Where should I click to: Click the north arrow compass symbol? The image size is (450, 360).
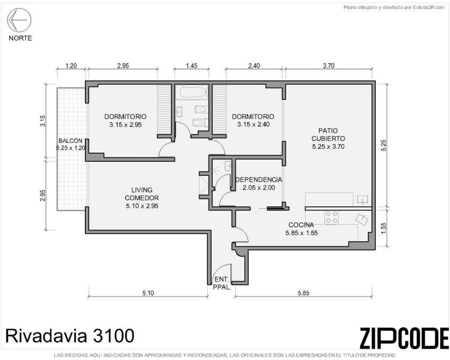coord(19,20)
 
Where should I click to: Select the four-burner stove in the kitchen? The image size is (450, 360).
coord(331,218)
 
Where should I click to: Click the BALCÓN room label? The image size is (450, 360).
coord(70,141)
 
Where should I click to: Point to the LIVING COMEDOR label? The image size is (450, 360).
coord(142,194)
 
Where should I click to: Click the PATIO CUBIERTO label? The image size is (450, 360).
coord(328,135)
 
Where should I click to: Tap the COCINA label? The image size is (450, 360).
coord(301,225)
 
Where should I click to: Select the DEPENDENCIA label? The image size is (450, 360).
coord(259,179)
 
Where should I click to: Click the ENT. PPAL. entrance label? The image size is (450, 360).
coord(222,283)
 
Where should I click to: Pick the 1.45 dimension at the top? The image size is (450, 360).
coord(192,66)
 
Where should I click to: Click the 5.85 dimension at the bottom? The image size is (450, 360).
coord(303,293)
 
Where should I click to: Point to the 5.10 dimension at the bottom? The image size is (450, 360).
coord(148,293)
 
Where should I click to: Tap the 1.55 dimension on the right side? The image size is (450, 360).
coord(384,228)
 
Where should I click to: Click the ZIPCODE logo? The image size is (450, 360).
coord(404,338)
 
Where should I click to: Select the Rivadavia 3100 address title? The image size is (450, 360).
coord(70,335)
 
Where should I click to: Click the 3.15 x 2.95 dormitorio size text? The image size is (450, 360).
coord(126,125)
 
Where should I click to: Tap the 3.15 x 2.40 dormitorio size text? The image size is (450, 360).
coord(253,124)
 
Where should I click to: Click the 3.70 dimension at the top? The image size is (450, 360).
coord(329,66)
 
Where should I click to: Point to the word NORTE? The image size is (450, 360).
coord(20,38)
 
